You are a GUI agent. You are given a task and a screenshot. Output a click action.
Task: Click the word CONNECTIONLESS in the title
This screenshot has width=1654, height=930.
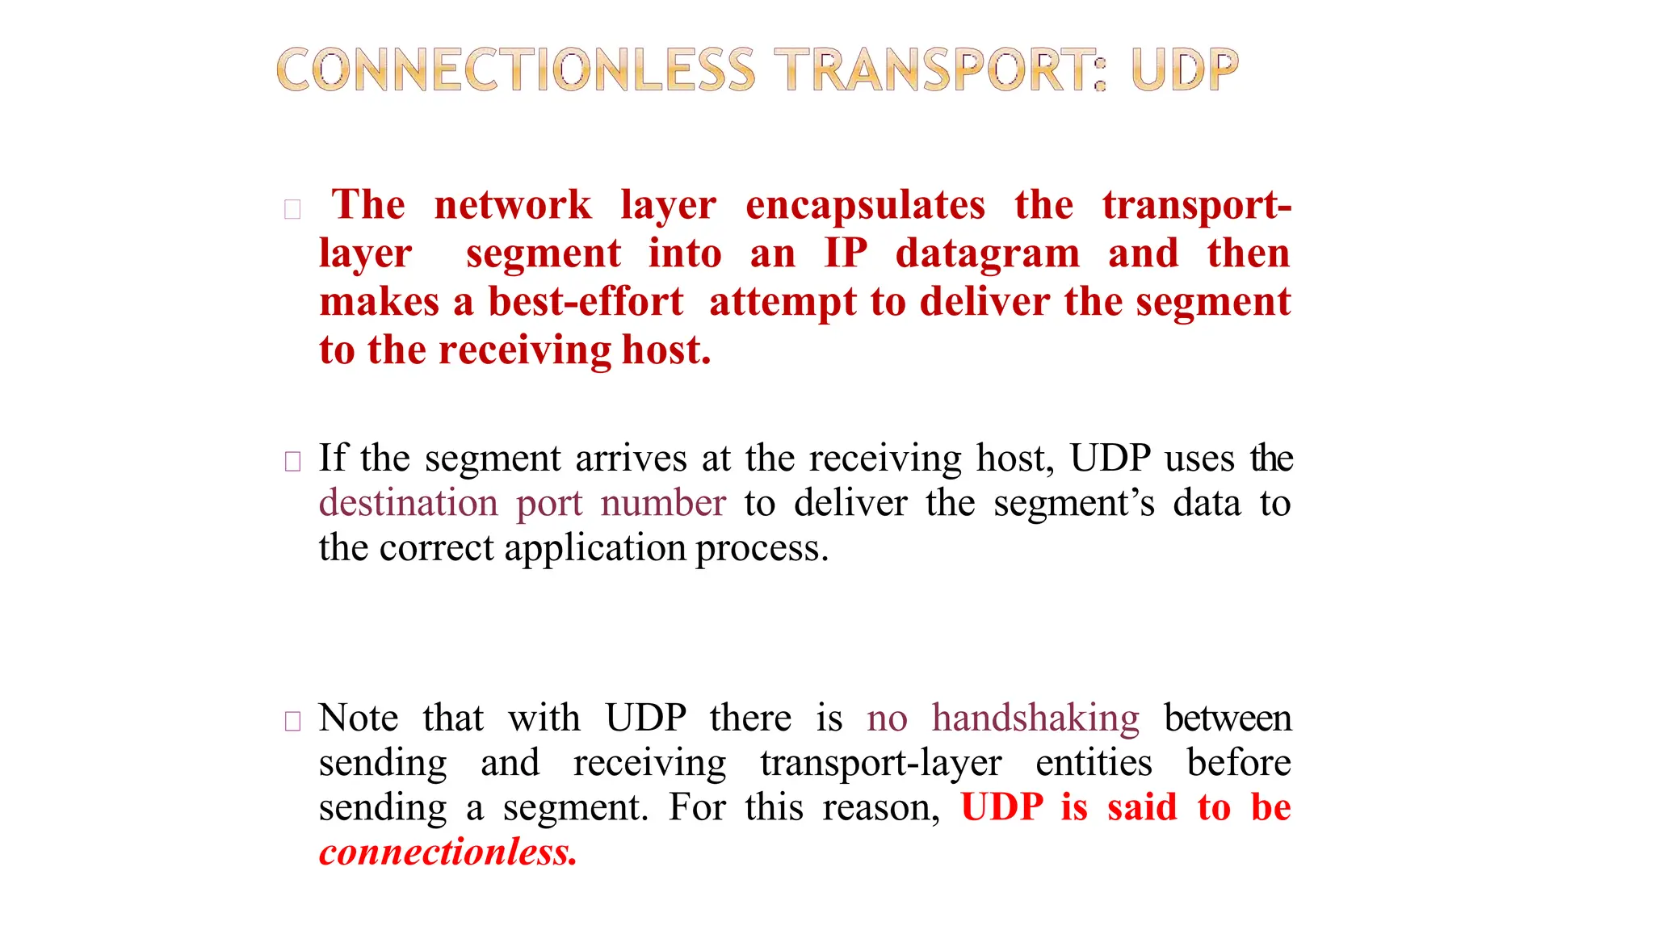(515, 70)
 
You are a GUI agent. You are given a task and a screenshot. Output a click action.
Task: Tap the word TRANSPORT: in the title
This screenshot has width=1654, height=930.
(940, 70)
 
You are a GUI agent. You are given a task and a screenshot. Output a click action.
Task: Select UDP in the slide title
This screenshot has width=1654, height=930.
(1184, 70)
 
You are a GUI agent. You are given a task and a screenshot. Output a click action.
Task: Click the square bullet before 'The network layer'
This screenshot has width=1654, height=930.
(292, 210)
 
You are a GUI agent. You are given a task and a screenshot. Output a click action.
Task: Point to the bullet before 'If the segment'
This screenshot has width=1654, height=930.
(292, 462)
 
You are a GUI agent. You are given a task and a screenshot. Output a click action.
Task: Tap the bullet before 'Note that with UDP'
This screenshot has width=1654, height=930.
(292, 721)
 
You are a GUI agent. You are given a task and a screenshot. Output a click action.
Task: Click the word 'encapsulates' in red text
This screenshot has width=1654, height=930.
(865, 205)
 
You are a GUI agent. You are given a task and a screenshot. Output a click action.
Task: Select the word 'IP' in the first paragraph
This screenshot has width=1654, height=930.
(845, 253)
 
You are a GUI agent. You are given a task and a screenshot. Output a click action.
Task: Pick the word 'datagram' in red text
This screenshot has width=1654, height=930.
(987, 255)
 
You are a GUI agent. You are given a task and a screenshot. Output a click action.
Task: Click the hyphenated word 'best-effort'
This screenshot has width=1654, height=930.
(586, 302)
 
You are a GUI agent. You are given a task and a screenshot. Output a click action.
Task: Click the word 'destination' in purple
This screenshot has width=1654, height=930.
(408, 503)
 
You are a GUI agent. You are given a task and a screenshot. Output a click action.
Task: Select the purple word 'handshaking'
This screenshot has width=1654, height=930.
(1035, 718)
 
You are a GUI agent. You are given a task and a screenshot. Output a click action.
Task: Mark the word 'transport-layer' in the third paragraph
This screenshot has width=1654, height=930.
(880, 764)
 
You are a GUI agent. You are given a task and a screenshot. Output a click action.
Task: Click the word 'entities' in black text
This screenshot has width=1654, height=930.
(1094, 763)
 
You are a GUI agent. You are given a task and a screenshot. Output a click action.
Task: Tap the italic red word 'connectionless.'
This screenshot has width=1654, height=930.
(447, 852)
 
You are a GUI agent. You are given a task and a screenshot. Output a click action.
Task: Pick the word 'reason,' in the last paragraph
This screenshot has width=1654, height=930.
(881, 808)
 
